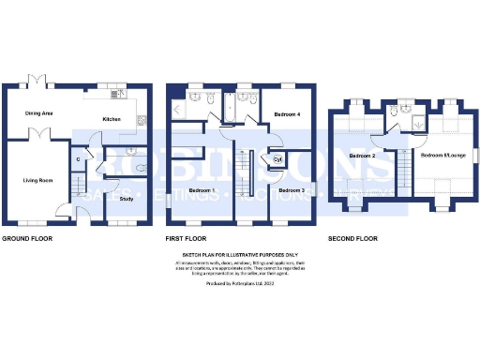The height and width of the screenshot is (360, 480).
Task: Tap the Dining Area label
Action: pyautogui.click(x=38, y=113)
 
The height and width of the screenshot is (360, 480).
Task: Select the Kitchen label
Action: pyautogui.click(x=112, y=119)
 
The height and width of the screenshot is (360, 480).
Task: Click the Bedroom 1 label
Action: pyautogui.click(x=202, y=190)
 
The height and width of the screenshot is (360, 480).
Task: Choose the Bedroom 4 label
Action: pyautogui.click(x=287, y=113)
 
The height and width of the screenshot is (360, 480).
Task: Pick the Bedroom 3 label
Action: pyautogui.click(x=292, y=190)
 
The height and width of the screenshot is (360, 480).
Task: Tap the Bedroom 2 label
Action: pyautogui.click(x=361, y=155)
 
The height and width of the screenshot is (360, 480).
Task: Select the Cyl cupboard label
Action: pyautogui.click(x=277, y=159)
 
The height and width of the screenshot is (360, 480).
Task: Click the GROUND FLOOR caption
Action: pyautogui.click(x=27, y=239)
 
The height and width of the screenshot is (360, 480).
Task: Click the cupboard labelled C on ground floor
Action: pyautogui.click(x=78, y=160)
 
